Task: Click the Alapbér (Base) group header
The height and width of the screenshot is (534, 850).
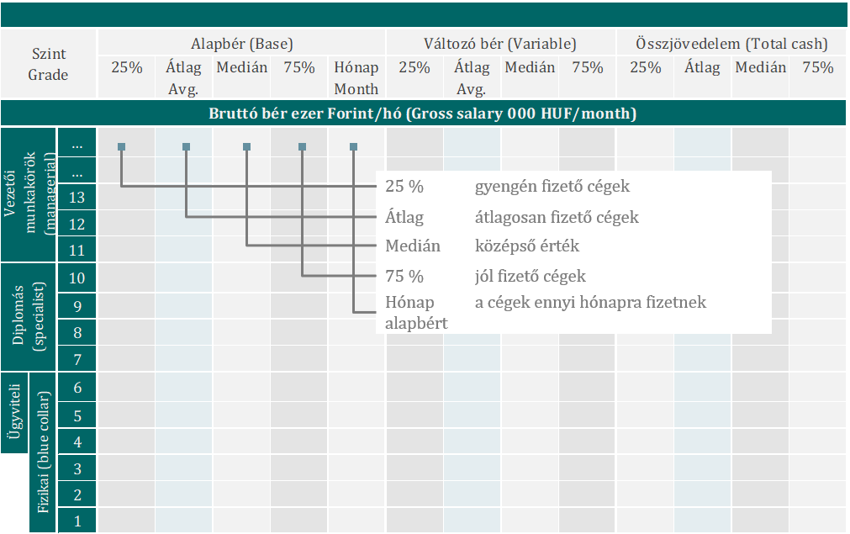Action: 241,44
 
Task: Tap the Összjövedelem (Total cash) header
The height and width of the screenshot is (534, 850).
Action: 731,44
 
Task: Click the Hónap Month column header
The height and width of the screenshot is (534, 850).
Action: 356,78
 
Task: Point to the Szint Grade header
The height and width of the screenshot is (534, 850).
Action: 48,64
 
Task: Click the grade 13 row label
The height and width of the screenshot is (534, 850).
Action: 77,198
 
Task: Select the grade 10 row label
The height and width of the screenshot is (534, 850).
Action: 77,278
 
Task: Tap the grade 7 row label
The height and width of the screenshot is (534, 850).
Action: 77,360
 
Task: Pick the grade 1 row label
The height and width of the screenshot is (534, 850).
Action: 77,521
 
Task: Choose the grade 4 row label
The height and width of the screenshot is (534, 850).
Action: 77,441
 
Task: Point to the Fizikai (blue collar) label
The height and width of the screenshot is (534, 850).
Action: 42,452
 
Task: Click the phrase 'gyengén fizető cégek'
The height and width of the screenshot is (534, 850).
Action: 552,186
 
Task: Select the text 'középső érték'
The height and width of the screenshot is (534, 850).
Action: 527,246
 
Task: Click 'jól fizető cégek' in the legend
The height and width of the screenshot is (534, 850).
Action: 530,276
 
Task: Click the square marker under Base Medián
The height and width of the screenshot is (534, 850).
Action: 246,147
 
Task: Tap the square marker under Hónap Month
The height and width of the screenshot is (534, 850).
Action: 353,147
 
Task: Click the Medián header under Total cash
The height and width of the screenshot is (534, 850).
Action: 760,68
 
